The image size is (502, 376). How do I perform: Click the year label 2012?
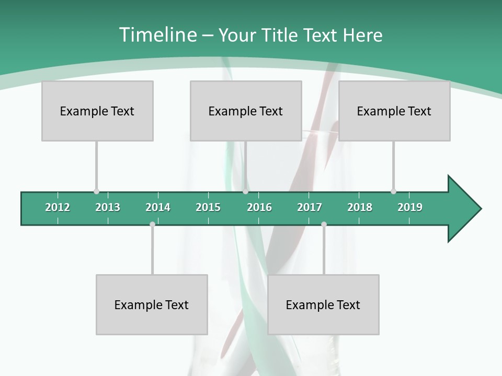click(58, 207)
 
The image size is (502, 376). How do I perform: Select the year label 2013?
click(108, 207)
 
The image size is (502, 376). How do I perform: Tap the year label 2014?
click(158, 207)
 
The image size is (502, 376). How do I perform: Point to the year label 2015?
click(208, 207)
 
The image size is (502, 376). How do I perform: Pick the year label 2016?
click(259, 207)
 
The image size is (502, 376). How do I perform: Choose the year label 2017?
click(310, 207)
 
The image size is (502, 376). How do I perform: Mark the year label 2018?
click(360, 207)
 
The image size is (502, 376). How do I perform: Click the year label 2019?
click(410, 207)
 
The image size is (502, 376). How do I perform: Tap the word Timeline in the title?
click(157, 35)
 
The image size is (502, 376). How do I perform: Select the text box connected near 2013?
click(97, 111)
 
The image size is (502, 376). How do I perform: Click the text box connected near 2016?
click(246, 111)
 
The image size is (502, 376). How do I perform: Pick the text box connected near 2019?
click(394, 111)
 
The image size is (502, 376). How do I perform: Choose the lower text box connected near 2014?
click(152, 304)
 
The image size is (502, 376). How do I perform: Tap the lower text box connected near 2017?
click(323, 304)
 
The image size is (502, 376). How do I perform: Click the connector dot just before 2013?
click(96, 192)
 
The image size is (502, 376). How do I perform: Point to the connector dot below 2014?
click(152, 224)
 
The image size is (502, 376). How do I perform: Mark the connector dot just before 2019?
click(393, 192)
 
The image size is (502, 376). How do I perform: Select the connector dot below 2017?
click(324, 224)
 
